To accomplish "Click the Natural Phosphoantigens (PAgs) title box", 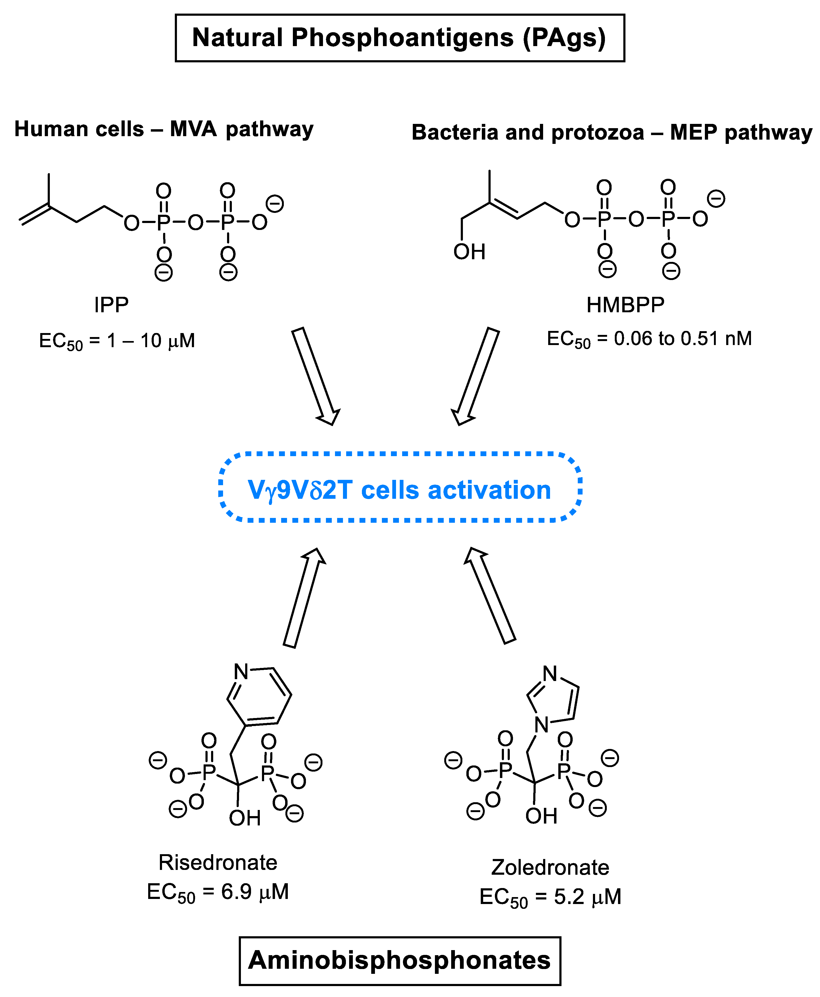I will click(x=400, y=38).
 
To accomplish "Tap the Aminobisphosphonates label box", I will click(x=400, y=960).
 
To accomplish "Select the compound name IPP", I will click(x=111, y=305).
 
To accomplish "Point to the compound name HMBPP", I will click(x=625, y=305).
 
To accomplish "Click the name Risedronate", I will click(x=218, y=862).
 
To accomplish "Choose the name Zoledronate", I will click(x=550, y=867).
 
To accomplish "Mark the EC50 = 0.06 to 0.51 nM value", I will click(x=649, y=339).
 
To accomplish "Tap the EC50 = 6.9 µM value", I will click(x=218, y=892).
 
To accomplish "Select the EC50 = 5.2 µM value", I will click(x=550, y=896).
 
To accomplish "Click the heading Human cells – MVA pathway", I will click(x=164, y=129).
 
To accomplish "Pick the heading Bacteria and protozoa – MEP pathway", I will click(x=612, y=132).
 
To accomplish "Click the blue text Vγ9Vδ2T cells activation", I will click(x=400, y=490).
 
